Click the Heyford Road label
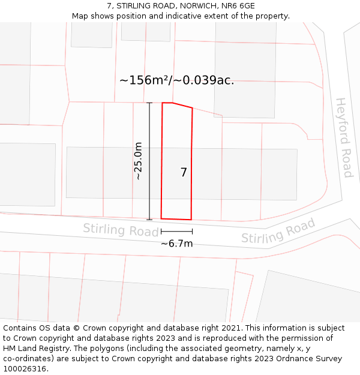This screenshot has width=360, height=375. pos(344,137)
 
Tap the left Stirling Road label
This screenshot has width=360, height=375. pos(113,230)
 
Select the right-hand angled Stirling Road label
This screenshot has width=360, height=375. pos(278,231)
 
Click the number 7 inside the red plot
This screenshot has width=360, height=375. pos(184,173)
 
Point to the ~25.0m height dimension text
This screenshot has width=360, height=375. pos(139,161)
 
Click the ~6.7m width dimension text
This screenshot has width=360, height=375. pos(176,244)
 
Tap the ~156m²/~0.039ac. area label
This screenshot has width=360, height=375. pos(176,80)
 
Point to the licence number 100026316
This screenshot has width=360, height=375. pos(25,369)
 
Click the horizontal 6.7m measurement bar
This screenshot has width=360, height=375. pos(176,231)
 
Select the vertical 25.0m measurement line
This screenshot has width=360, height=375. pos(149,161)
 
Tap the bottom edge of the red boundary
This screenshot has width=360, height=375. pos(176,218)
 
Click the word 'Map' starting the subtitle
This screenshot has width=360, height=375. pos(81,16)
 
